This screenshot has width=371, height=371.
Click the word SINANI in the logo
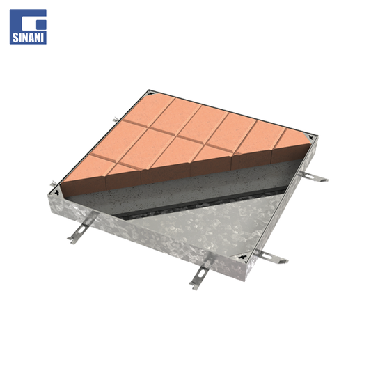pos(28,38)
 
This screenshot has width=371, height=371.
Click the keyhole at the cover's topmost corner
pos(150,95)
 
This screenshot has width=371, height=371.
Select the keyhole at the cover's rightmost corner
pos(311,137)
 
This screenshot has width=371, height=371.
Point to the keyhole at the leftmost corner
pos(57,192)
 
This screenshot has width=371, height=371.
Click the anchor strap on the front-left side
pos(83,227)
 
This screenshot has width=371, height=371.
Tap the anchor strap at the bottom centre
pos(200,272)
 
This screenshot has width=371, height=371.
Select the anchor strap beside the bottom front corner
pos(271,256)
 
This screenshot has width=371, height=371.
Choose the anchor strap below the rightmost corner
pos(313,177)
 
